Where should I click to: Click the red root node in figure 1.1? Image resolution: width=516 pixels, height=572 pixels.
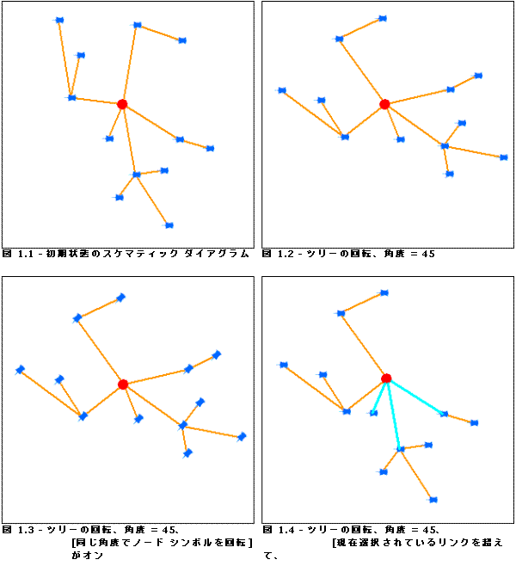tap(122, 104)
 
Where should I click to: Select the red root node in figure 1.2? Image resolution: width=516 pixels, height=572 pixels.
tap(384, 104)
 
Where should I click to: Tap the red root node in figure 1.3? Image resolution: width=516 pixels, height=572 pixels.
tap(123, 384)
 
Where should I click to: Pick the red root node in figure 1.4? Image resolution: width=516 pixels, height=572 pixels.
tap(386, 378)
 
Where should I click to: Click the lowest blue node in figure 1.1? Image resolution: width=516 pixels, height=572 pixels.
tap(169, 225)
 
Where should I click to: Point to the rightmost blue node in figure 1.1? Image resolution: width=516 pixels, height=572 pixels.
tap(209, 149)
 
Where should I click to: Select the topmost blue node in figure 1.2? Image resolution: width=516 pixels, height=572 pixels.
tap(383, 18)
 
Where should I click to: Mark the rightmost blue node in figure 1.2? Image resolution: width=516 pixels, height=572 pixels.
tap(503, 157)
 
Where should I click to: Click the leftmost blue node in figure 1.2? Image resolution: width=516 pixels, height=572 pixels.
tap(281, 90)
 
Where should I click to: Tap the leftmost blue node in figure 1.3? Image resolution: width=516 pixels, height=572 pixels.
tap(20, 370)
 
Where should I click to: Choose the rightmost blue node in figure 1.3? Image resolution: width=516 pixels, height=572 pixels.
tap(242, 437)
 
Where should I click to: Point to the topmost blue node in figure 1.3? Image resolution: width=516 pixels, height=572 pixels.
tap(120, 298)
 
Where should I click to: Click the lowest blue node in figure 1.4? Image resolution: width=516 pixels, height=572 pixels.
tap(433, 500)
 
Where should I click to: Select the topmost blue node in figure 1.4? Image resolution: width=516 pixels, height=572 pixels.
tap(384, 293)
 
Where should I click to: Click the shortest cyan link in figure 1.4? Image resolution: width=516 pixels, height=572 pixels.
tap(379, 397)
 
